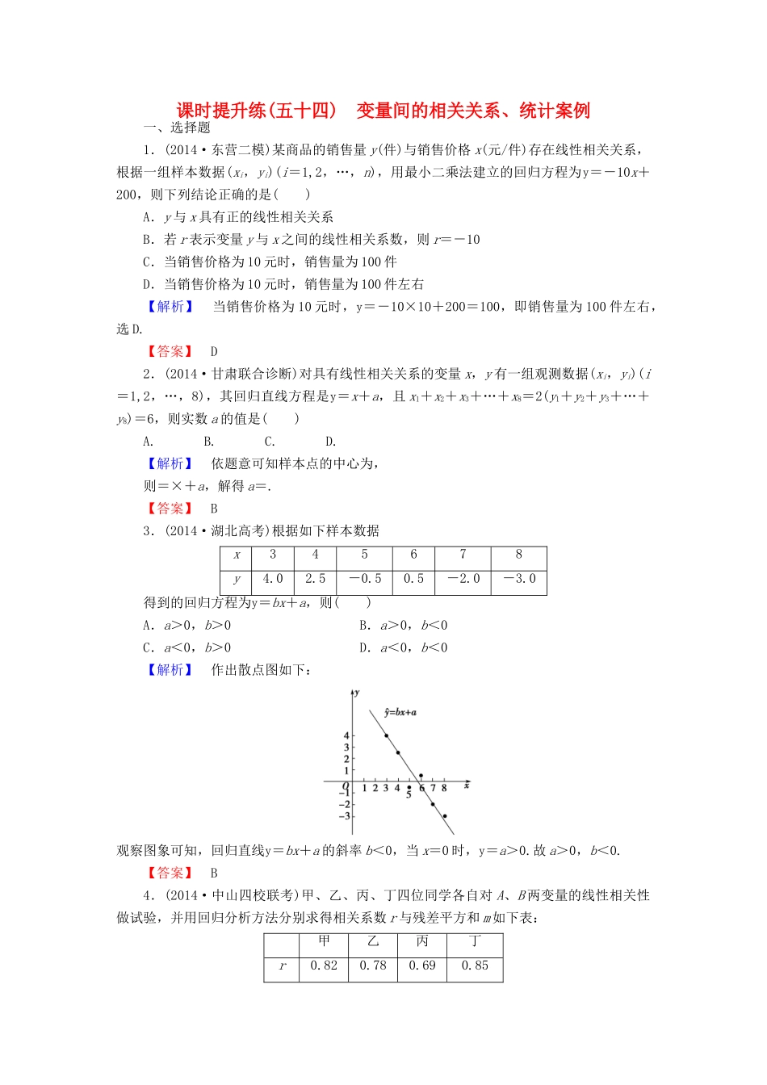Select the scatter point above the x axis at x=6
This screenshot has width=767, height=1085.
click(x=421, y=776)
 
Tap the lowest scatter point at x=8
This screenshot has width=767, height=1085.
click(x=444, y=816)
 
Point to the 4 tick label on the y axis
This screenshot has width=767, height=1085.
click(x=346, y=735)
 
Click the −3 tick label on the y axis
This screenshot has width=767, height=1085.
click(x=345, y=816)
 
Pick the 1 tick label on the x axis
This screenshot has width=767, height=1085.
click(x=364, y=788)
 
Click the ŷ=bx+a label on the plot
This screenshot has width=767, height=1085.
click(x=400, y=712)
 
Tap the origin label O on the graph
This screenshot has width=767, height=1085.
click(x=346, y=786)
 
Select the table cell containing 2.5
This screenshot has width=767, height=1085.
click(x=315, y=579)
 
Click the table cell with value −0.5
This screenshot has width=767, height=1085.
click(x=364, y=579)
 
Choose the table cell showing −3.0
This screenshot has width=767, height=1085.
click(x=518, y=579)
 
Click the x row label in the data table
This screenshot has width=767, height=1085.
click(x=237, y=555)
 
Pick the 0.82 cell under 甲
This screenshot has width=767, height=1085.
click(x=324, y=966)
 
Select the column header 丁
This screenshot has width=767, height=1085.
click(x=475, y=941)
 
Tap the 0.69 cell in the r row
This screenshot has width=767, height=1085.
click(x=421, y=966)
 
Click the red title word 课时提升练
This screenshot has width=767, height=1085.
click(x=221, y=111)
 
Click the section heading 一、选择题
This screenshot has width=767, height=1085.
click(x=177, y=128)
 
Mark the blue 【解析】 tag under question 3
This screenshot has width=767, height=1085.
click(x=170, y=670)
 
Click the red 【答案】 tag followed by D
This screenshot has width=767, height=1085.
click(x=170, y=351)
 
